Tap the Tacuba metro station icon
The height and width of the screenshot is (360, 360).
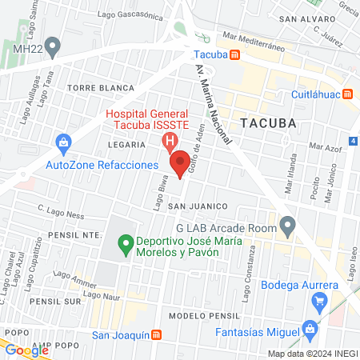coord(234,55)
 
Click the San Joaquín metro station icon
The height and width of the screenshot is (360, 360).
coord(158,335)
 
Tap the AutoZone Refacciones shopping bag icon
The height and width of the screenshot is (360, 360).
coord(63,143)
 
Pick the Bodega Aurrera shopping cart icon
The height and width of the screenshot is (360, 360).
coord(320,302)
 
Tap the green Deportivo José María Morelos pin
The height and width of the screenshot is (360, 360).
coord(125,242)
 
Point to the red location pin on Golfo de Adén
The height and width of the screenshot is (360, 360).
coord(182,160)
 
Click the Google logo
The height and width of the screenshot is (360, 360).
coord(26,350)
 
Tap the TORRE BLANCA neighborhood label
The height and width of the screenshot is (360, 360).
coord(93,86)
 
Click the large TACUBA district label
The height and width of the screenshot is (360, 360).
coord(268,123)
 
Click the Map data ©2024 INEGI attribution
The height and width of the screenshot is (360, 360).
coord(312,354)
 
